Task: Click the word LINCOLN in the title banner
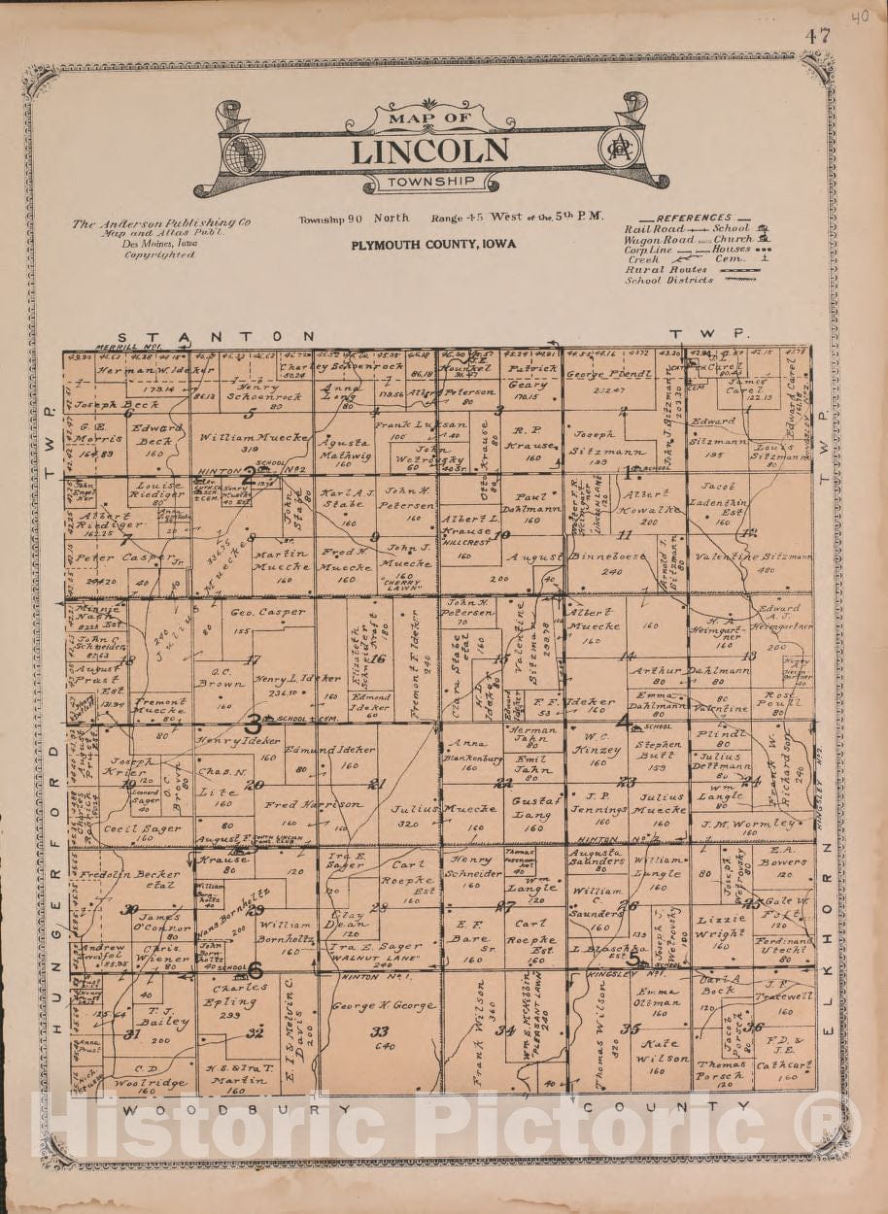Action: (429, 152)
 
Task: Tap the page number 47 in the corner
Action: (817, 36)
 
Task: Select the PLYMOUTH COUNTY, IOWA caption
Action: (433, 245)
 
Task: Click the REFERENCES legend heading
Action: (694, 218)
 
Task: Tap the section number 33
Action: (380, 1031)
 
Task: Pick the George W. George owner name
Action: (384, 1005)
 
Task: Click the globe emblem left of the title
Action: (243, 152)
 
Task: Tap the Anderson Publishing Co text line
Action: (160, 223)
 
